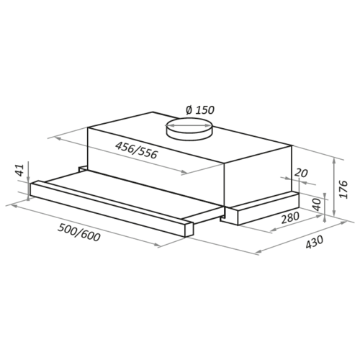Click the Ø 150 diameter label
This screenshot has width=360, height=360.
click(x=200, y=110)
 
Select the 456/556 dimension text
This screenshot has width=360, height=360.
click(x=136, y=150)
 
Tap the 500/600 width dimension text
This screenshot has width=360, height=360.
click(x=78, y=232)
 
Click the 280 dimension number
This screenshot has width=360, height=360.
click(x=290, y=217)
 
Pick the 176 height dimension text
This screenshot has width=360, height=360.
click(x=343, y=189)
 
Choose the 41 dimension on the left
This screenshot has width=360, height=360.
click(x=20, y=170)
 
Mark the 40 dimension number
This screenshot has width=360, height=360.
click(x=317, y=204)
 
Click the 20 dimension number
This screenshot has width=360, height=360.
click(x=301, y=173)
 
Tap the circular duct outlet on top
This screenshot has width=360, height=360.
click(x=189, y=129)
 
